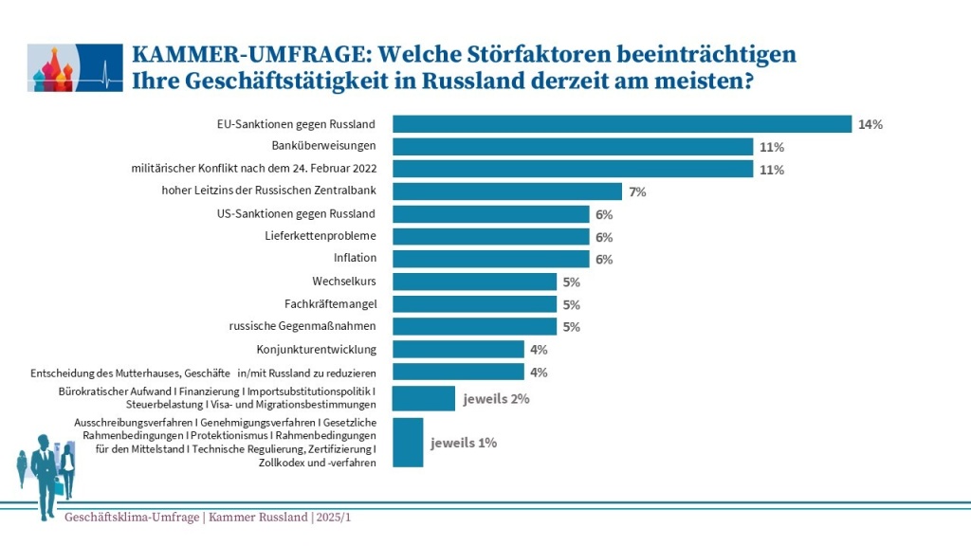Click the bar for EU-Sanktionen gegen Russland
point(622,124)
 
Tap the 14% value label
point(870,124)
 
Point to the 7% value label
point(636,191)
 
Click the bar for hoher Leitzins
point(507,191)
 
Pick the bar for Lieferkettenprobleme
point(491,236)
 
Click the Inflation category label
point(355,258)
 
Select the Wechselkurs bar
point(474,282)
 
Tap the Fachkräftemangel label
point(330,304)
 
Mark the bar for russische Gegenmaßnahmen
point(474,326)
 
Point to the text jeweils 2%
point(496,399)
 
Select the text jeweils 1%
point(464,443)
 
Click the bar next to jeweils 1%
point(408,443)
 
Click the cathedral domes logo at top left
point(56,67)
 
